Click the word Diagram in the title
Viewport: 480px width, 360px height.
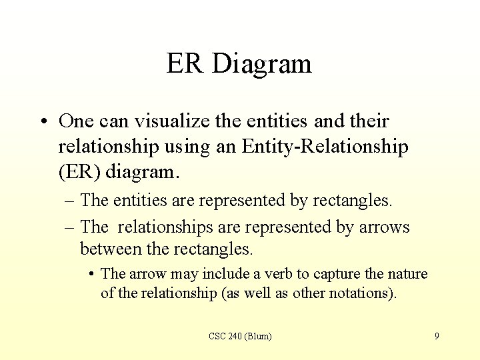pyautogui.click(x=262, y=64)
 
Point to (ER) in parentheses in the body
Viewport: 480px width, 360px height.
pyautogui.click(x=80, y=172)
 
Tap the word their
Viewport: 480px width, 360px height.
pyautogui.click(x=367, y=121)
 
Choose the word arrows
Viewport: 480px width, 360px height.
pyautogui.click(x=383, y=227)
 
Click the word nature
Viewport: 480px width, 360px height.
pyautogui.click(x=407, y=274)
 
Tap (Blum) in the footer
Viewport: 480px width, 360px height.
pyautogui.click(x=259, y=337)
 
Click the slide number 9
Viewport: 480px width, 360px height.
pyautogui.click(x=437, y=337)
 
